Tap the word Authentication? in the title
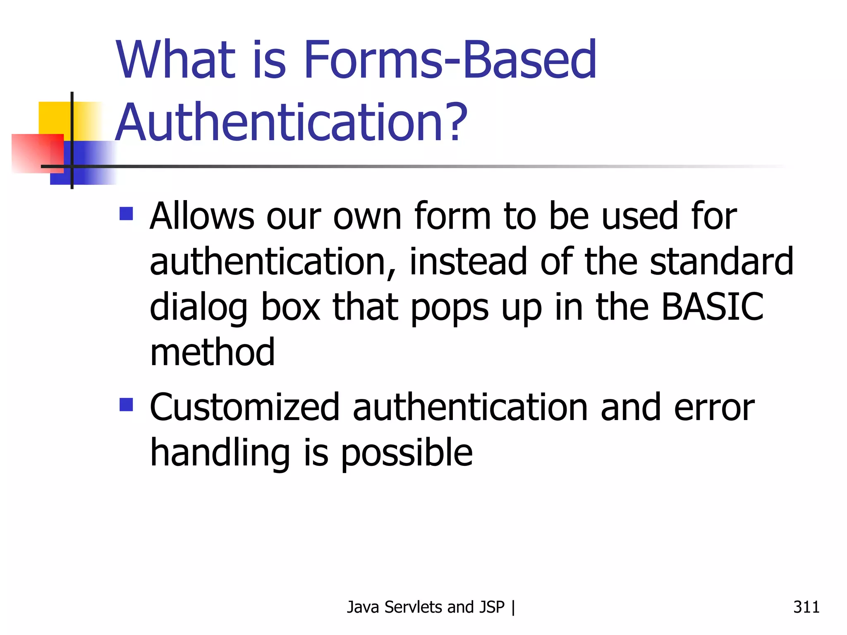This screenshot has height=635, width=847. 291,123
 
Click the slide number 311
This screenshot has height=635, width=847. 806,607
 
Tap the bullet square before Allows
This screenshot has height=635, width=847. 126,214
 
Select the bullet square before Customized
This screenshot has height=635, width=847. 126,405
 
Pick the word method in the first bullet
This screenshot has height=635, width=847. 212,352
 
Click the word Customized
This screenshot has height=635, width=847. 244,408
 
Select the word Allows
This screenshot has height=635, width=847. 202,216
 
